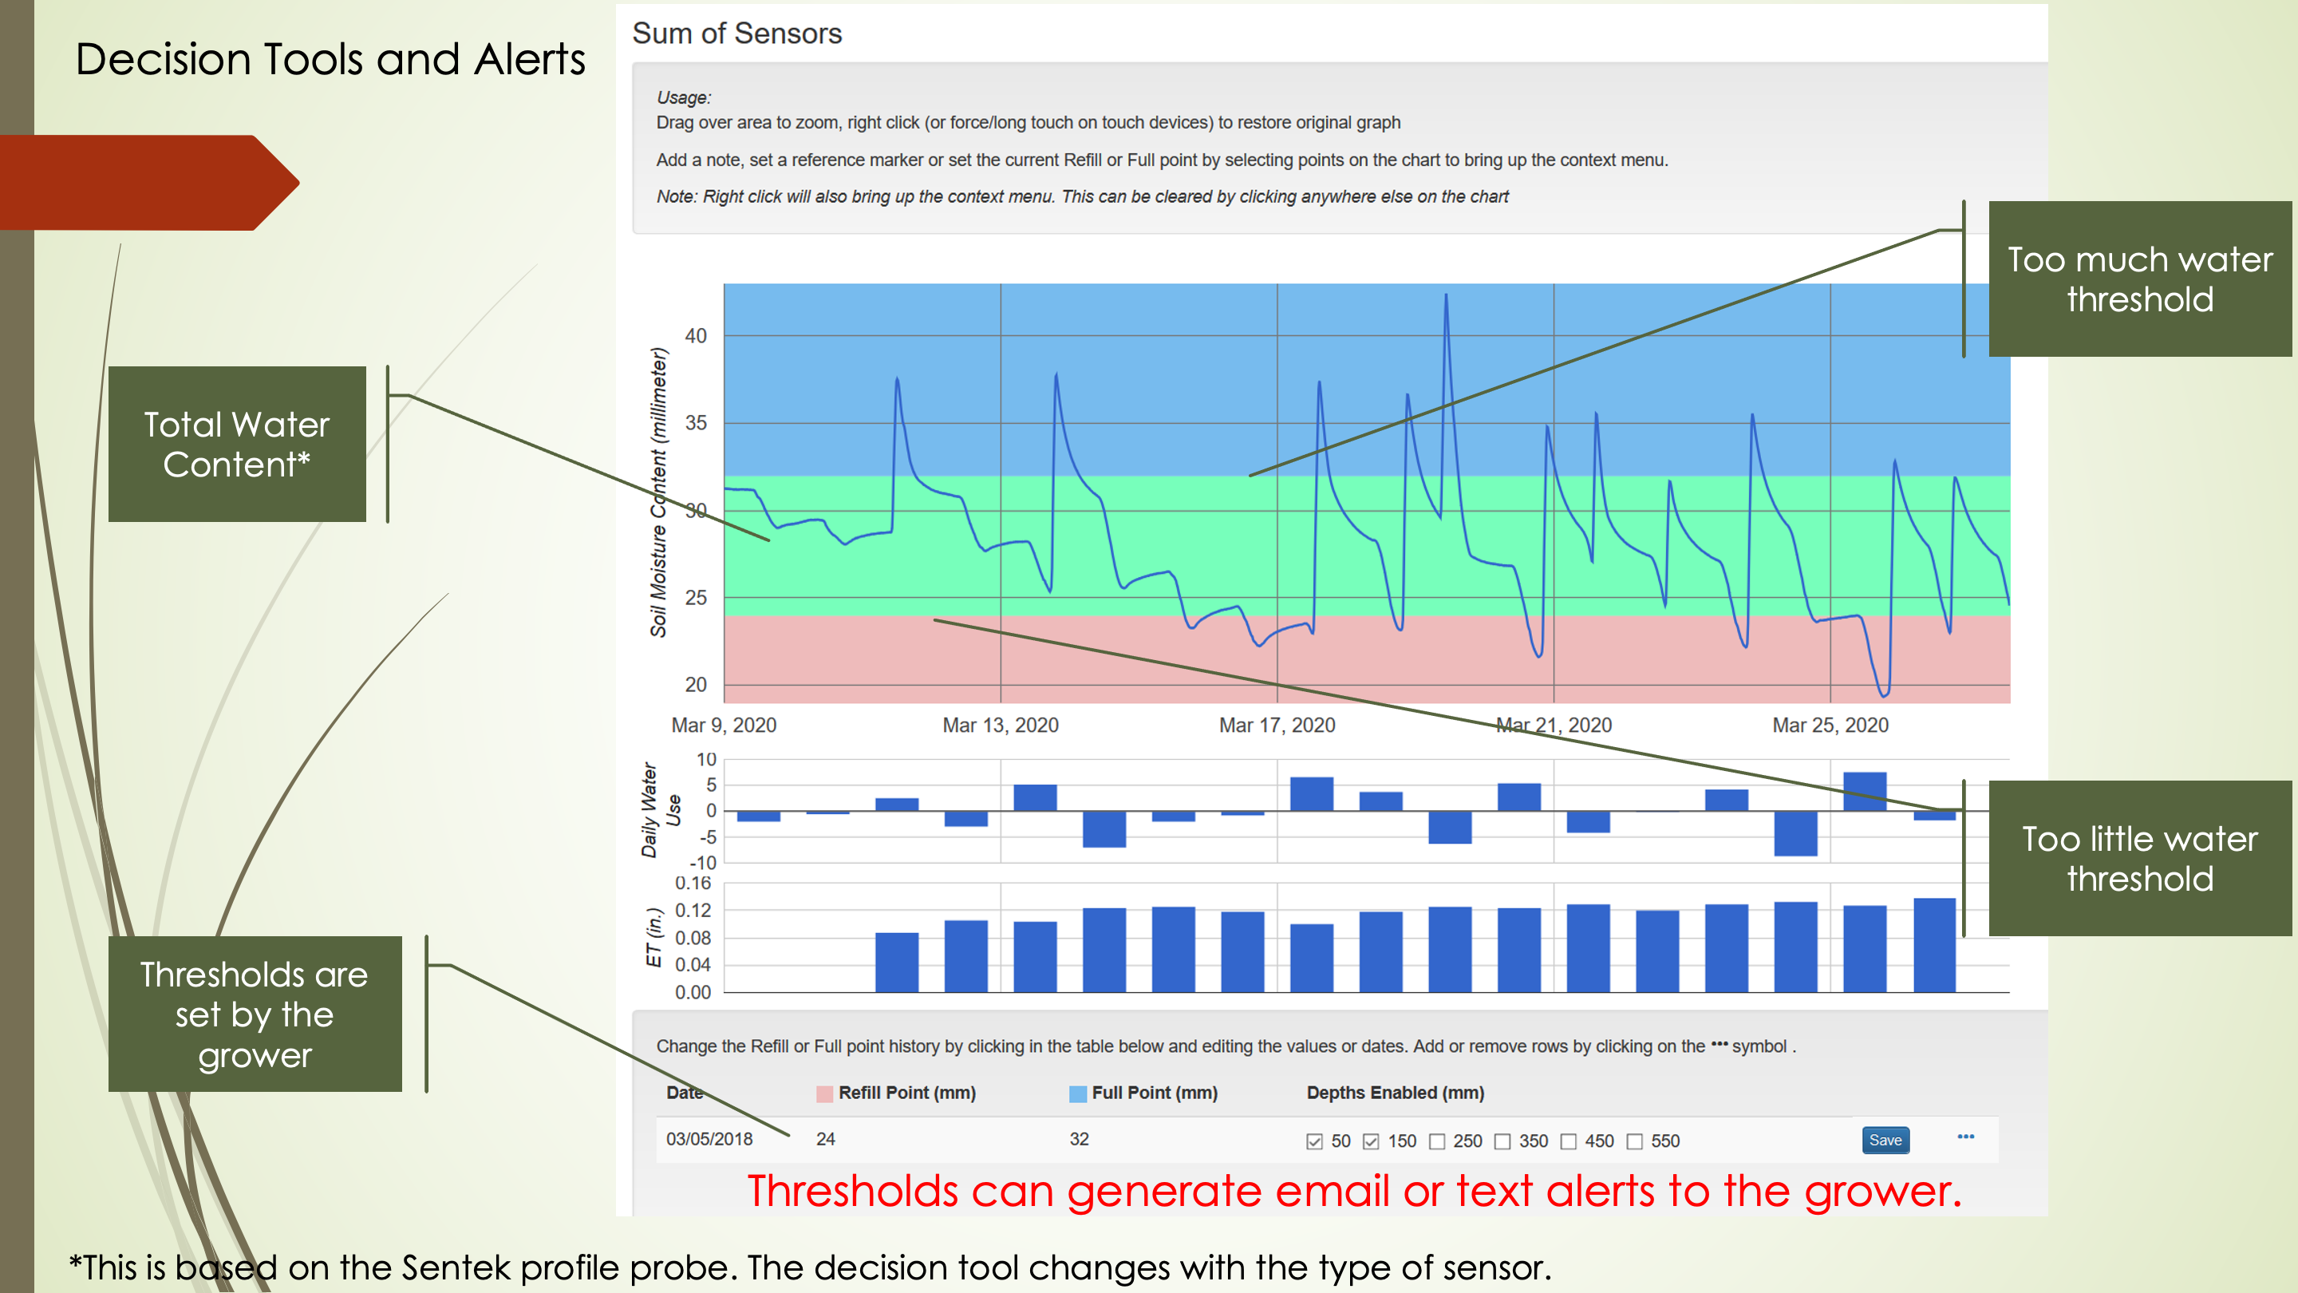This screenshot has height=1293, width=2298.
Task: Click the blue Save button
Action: click(x=1885, y=1140)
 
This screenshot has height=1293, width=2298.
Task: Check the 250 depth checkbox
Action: click(x=1436, y=1141)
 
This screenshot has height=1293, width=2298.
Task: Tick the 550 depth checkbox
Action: click(x=1634, y=1141)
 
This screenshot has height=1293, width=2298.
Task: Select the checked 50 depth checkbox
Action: click(x=1314, y=1141)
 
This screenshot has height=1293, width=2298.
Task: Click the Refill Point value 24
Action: click(x=825, y=1139)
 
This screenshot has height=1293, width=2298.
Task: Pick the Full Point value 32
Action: click(x=1079, y=1139)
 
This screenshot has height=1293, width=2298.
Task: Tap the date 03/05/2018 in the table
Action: click(x=709, y=1139)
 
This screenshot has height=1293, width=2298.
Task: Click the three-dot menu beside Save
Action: click(x=1965, y=1137)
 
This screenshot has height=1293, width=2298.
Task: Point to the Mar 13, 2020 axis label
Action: click(x=1000, y=725)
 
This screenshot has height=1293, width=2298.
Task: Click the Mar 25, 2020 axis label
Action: click(x=1830, y=725)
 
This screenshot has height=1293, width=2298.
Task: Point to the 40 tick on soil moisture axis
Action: click(x=695, y=335)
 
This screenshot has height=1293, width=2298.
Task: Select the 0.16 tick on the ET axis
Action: click(x=693, y=884)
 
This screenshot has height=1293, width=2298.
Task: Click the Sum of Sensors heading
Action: click(x=736, y=34)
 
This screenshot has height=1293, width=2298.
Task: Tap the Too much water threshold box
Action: click(x=2139, y=279)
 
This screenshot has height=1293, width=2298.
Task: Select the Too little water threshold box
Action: click(x=2139, y=859)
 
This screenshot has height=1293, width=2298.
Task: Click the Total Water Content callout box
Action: click(x=236, y=445)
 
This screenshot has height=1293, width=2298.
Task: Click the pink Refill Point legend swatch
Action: click(x=824, y=1094)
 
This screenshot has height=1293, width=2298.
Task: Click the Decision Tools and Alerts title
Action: click(x=330, y=60)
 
